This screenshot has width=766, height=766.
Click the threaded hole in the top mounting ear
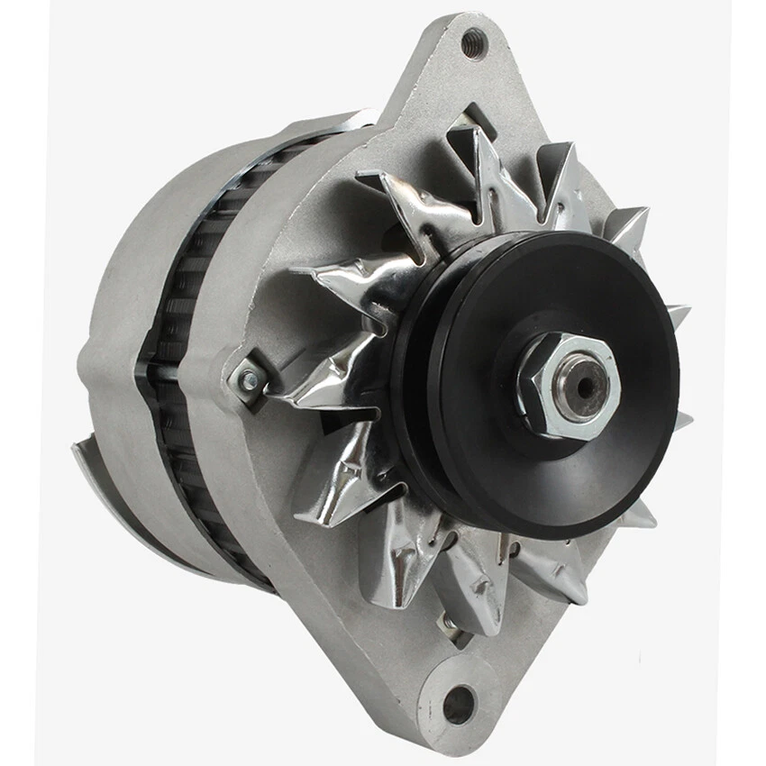pos(473,41)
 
